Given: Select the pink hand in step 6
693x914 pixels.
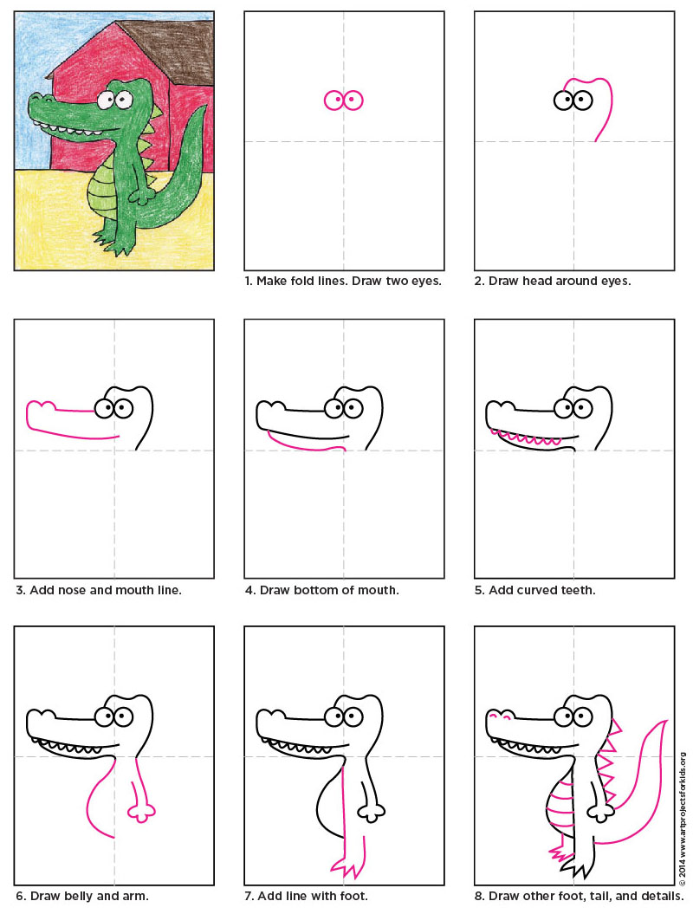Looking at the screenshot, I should pyautogui.click(x=141, y=812).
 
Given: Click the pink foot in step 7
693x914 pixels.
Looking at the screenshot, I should pyautogui.click(x=346, y=866).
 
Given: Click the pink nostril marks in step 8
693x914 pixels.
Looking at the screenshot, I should pyautogui.click(x=497, y=716).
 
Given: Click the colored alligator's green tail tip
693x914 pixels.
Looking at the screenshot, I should pyautogui.click(x=202, y=113).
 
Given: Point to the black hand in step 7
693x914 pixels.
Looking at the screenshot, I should pyautogui.click(x=373, y=813).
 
